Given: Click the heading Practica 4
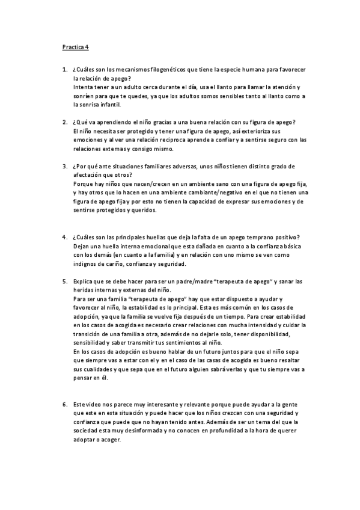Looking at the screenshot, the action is coord(75,46).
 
